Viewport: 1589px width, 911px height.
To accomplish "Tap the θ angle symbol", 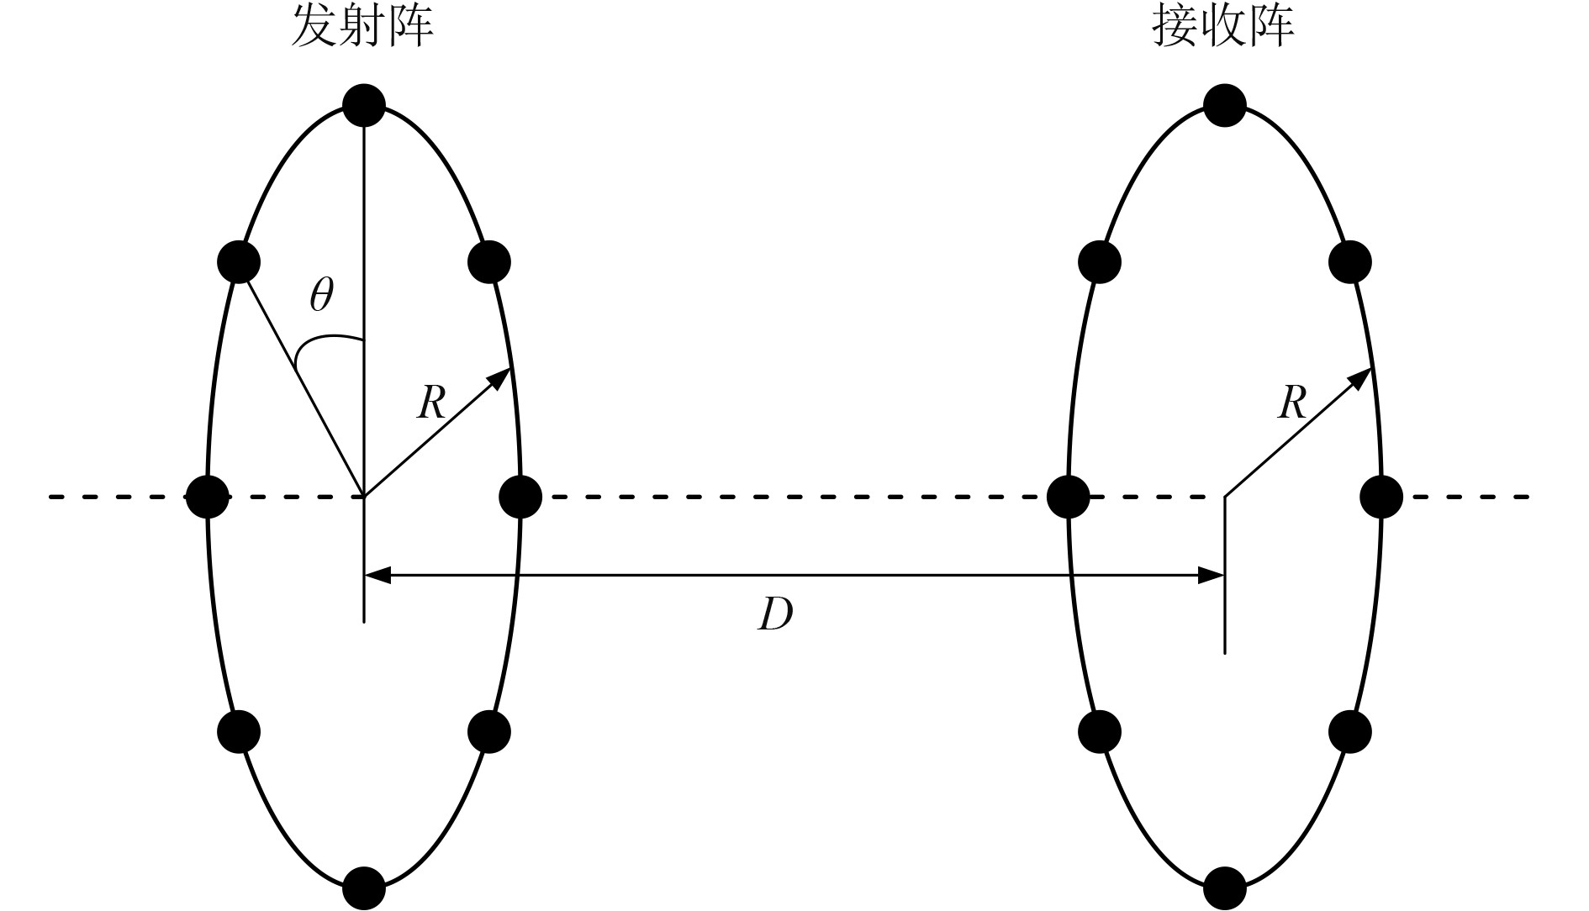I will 321,296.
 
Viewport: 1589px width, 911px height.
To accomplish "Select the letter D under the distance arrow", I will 774,617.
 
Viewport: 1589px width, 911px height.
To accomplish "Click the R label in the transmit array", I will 430,403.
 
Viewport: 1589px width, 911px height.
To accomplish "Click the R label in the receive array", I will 1291,403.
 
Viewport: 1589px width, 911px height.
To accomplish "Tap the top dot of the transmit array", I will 364,106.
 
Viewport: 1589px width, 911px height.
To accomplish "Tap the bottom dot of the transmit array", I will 364,887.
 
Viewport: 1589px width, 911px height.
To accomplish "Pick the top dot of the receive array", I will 1225,106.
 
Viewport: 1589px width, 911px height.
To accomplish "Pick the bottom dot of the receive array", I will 1225,887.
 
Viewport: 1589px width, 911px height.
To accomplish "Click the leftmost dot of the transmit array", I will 207,497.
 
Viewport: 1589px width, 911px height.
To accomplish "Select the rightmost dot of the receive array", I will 1381,497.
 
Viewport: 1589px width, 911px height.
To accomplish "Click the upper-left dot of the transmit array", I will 239,261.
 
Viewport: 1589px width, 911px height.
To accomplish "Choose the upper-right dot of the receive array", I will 1350,261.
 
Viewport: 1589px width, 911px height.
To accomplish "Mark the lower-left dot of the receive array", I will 1100,731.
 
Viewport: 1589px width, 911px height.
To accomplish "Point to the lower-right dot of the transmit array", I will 489,731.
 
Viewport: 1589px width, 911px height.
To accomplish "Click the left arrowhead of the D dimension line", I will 377,576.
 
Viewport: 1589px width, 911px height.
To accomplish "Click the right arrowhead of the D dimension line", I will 1212,576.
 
